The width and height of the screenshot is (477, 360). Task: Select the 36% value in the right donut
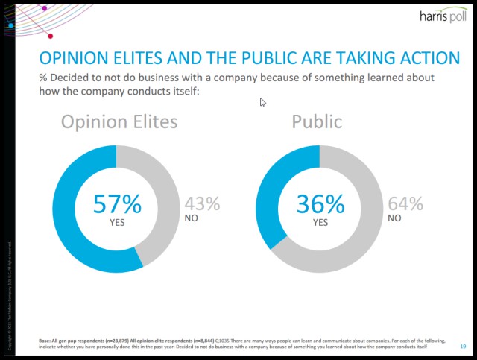pos(320,203)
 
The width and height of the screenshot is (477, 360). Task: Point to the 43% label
pos(202,203)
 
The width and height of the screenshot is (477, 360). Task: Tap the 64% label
pos(405,203)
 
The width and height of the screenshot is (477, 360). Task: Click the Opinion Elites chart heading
pos(119,121)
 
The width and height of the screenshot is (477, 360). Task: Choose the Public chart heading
pos(317,121)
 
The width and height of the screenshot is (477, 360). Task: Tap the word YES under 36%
pos(320,222)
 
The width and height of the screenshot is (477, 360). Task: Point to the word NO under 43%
pos(192,219)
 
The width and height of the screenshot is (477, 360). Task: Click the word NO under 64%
pos(394,219)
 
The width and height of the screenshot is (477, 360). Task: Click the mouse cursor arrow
pos(262,102)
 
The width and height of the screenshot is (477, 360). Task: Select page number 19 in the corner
pos(463,345)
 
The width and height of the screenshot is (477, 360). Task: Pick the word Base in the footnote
pos(45,341)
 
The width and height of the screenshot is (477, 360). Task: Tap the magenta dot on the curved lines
pos(50,35)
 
